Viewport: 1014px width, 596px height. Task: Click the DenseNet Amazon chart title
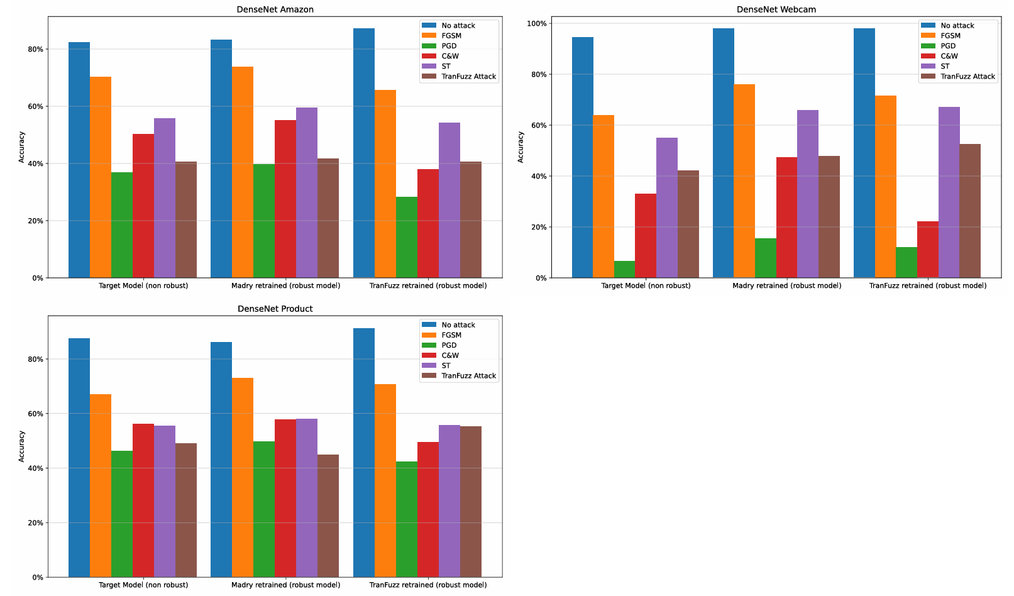275,9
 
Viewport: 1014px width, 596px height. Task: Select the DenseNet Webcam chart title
776,9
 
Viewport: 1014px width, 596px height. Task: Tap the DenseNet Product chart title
275,309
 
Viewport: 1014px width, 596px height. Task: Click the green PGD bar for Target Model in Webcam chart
624,270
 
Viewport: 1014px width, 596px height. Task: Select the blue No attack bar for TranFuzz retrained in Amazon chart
364,153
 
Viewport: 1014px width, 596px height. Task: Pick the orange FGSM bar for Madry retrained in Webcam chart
744,181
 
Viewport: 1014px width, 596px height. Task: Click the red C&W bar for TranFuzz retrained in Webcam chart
927,250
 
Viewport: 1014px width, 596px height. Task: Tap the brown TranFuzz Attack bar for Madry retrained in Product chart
328,516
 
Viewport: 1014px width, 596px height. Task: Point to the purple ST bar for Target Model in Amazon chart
165,198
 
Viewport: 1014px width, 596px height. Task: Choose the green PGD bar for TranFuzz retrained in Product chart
407,519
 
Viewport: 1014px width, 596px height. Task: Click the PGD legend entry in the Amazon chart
449,46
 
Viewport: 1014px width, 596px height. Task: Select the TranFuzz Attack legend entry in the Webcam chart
967,77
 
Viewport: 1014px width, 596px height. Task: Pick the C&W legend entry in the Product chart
450,355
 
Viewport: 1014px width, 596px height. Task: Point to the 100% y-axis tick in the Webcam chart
536,23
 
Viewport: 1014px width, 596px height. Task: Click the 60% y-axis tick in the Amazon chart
35,106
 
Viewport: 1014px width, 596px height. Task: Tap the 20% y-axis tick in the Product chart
35,522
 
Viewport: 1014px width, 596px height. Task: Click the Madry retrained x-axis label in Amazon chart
285,285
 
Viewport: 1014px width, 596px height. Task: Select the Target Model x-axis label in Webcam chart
646,285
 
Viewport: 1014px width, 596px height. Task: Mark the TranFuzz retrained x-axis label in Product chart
427,585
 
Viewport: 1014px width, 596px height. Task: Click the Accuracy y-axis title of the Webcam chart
521,147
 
